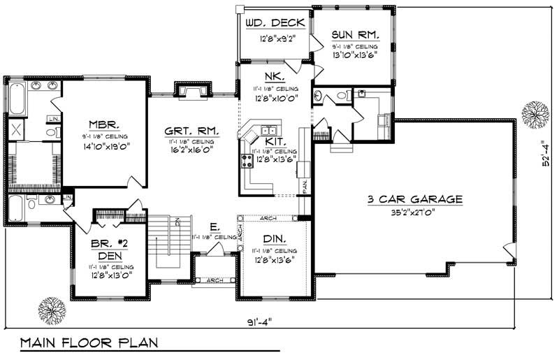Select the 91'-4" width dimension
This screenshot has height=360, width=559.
(260, 323)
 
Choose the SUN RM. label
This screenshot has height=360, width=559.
(356, 34)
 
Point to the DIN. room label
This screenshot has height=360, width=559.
(275, 239)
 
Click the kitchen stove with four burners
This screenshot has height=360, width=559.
(247, 161)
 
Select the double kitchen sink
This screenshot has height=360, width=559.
(268, 130)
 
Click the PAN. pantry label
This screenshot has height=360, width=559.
(305, 185)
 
